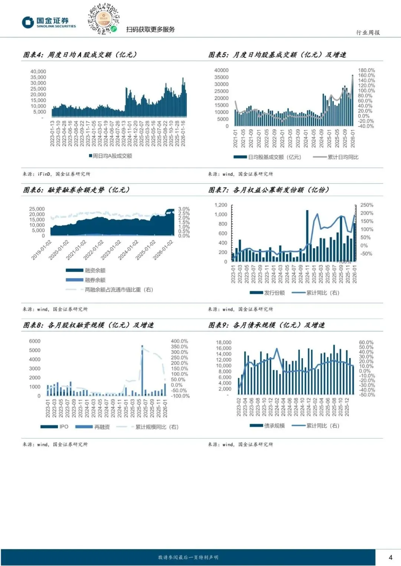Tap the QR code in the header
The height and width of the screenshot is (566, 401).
[x=103, y=19]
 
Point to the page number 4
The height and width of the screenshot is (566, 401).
[x=390, y=557]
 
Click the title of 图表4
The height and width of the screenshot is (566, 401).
[x=80, y=55]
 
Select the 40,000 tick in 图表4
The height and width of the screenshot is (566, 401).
[x=38, y=72]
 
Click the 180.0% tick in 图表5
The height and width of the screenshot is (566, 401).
[x=366, y=70]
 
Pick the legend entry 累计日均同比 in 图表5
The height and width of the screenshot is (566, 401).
[x=343, y=157]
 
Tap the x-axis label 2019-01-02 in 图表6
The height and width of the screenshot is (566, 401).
[x=41, y=250]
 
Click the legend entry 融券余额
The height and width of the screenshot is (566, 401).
[x=95, y=280]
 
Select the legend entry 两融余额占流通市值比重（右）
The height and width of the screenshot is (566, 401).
[x=118, y=289]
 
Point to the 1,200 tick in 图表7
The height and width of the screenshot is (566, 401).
[x=221, y=205]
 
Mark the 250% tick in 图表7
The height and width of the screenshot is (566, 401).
[x=367, y=205]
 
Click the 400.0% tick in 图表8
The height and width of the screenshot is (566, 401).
[x=179, y=341]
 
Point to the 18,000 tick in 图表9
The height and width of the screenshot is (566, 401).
[x=224, y=342]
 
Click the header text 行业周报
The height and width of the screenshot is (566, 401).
[x=368, y=33]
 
